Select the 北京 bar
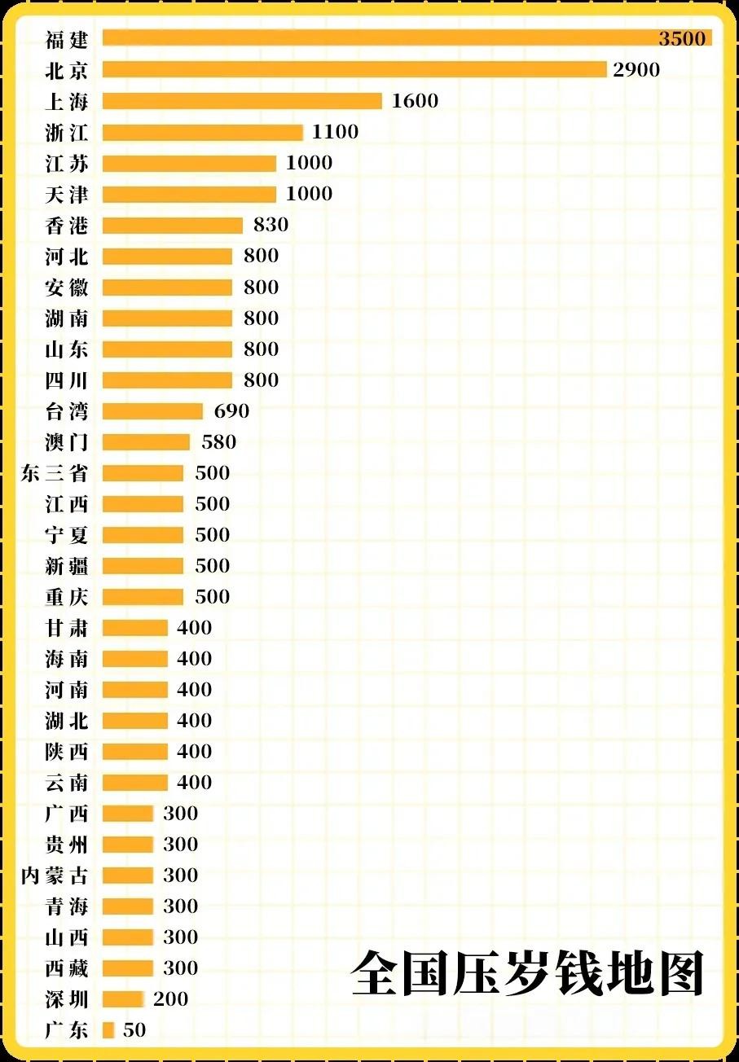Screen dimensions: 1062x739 click(x=354, y=69)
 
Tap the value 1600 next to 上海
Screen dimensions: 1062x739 click(x=415, y=101)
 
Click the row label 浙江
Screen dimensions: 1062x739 click(x=67, y=132)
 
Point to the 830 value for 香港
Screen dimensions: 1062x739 click(x=271, y=225)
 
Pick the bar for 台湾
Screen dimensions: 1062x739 click(x=152, y=411)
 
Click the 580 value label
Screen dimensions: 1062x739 click(x=218, y=442)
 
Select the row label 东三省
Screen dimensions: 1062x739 click(x=55, y=473)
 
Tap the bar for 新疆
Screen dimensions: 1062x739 click(x=143, y=566)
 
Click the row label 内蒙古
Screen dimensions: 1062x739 click(x=55, y=875)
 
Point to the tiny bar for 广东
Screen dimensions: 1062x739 click(x=108, y=1030)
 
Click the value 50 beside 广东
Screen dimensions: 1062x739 click(x=134, y=1030)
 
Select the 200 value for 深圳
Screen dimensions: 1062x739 click(x=170, y=999)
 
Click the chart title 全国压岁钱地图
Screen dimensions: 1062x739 click(x=527, y=972)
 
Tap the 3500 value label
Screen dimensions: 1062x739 click(x=682, y=38)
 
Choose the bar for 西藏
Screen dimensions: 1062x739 click(x=128, y=968)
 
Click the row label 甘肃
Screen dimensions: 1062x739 click(x=67, y=628)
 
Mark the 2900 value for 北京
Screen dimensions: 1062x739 click(x=636, y=70)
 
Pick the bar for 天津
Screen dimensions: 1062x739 click(x=189, y=195)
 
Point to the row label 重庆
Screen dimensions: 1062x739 click(x=67, y=597)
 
